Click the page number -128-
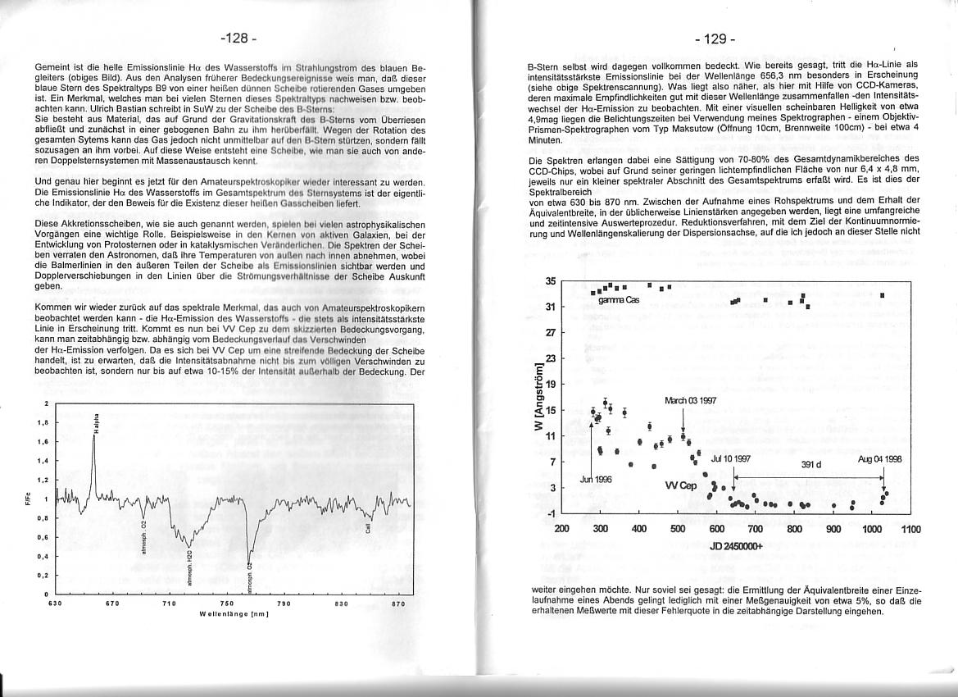tap(238, 39)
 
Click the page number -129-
tap(715, 39)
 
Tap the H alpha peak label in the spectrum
tap(97, 421)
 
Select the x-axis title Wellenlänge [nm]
tap(234, 614)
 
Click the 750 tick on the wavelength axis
tap(228, 604)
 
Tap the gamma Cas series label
tap(619, 300)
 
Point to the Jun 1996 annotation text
tap(596, 479)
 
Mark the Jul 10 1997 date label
tap(731, 459)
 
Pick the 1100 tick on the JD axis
tap(910, 529)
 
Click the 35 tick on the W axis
tap(551, 281)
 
